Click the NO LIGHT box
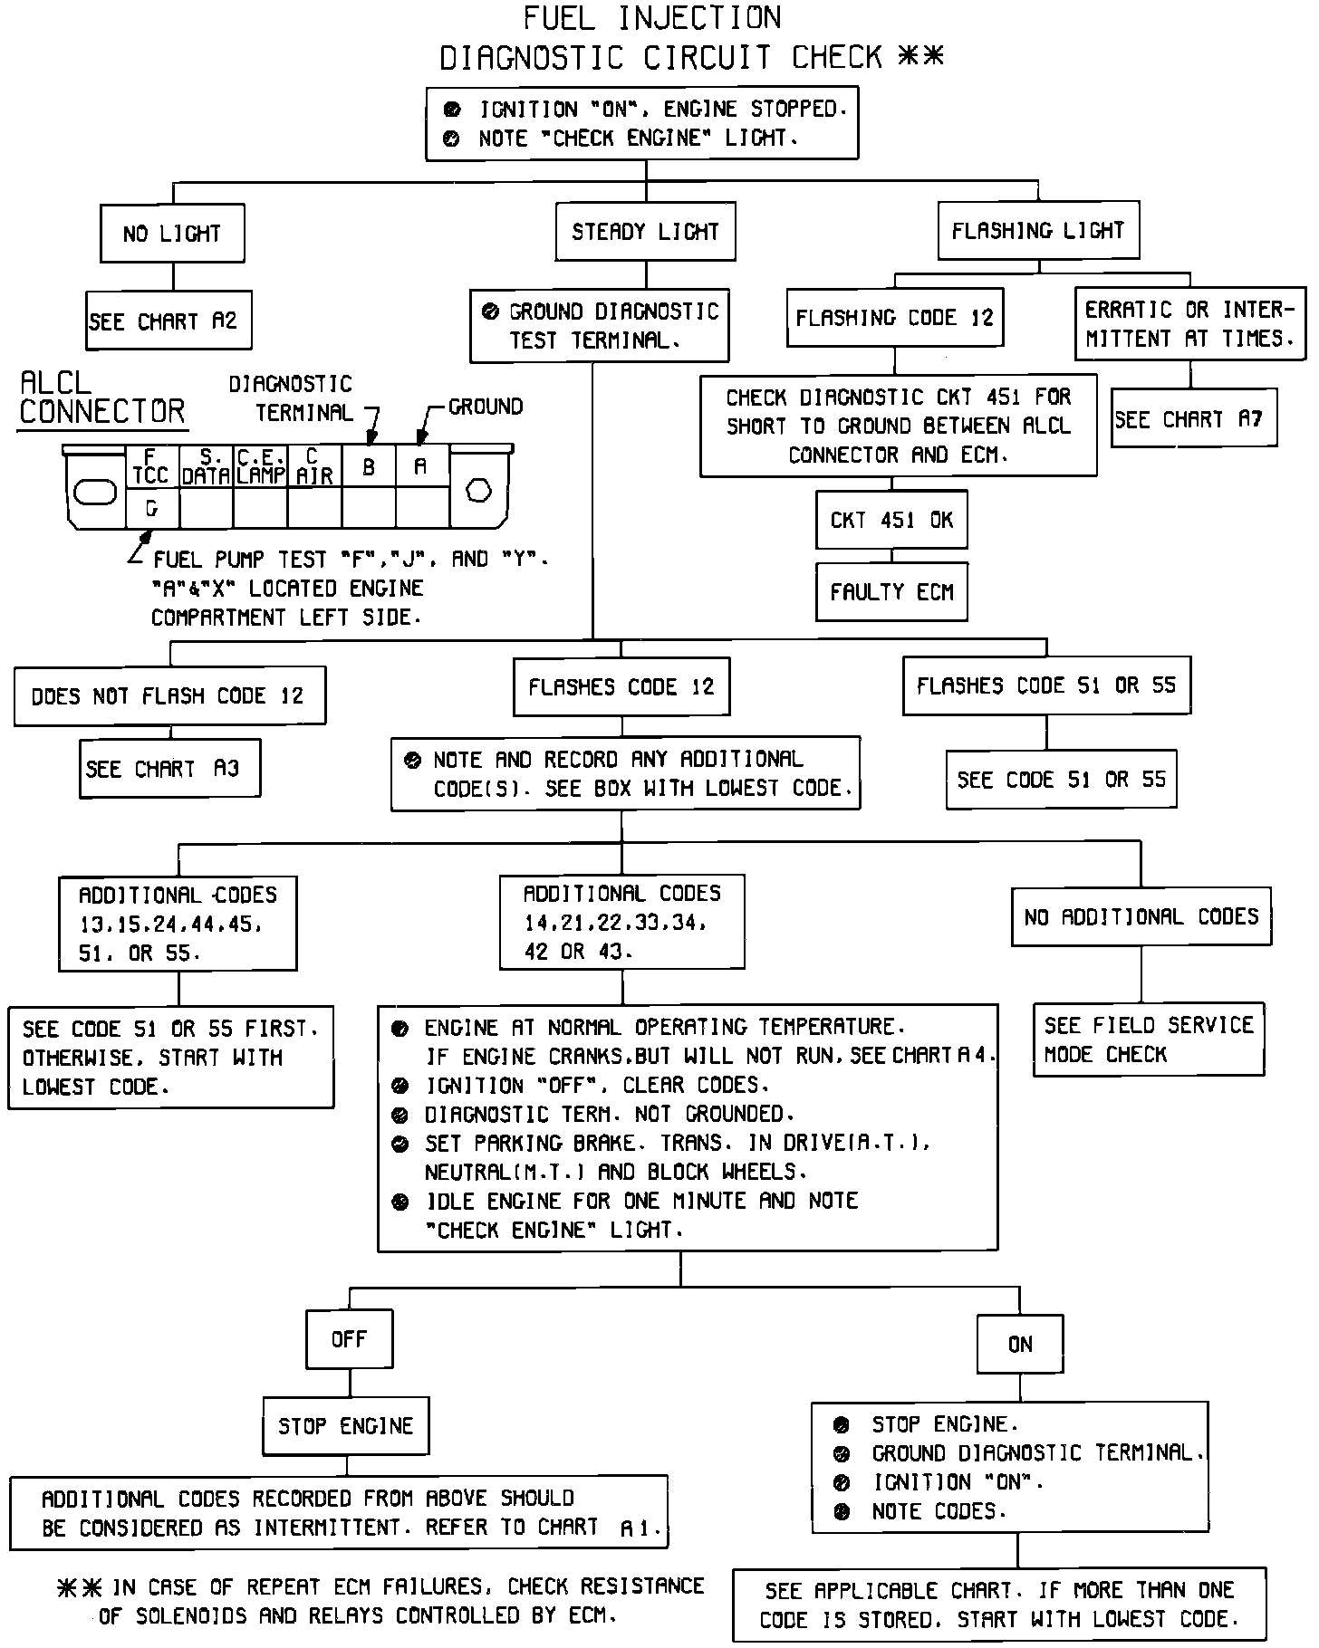(172, 234)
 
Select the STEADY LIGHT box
(645, 232)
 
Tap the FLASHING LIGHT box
(1038, 231)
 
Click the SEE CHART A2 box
(168, 321)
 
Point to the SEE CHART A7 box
(1193, 418)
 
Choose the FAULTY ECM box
(891, 592)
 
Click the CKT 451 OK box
(891, 520)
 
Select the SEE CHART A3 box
(169, 769)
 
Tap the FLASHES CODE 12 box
(621, 686)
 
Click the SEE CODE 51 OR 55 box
(1061, 780)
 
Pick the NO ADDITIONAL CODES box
(1141, 916)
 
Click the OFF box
(349, 1338)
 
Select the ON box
(1020, 1344)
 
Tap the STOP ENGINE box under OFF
(345, 1426)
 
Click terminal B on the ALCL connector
(369, 467)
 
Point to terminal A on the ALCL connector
(420, 465)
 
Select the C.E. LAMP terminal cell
(261, 466)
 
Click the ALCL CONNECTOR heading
(101, 398)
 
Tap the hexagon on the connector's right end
(478, 491)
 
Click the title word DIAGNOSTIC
(532, 58)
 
